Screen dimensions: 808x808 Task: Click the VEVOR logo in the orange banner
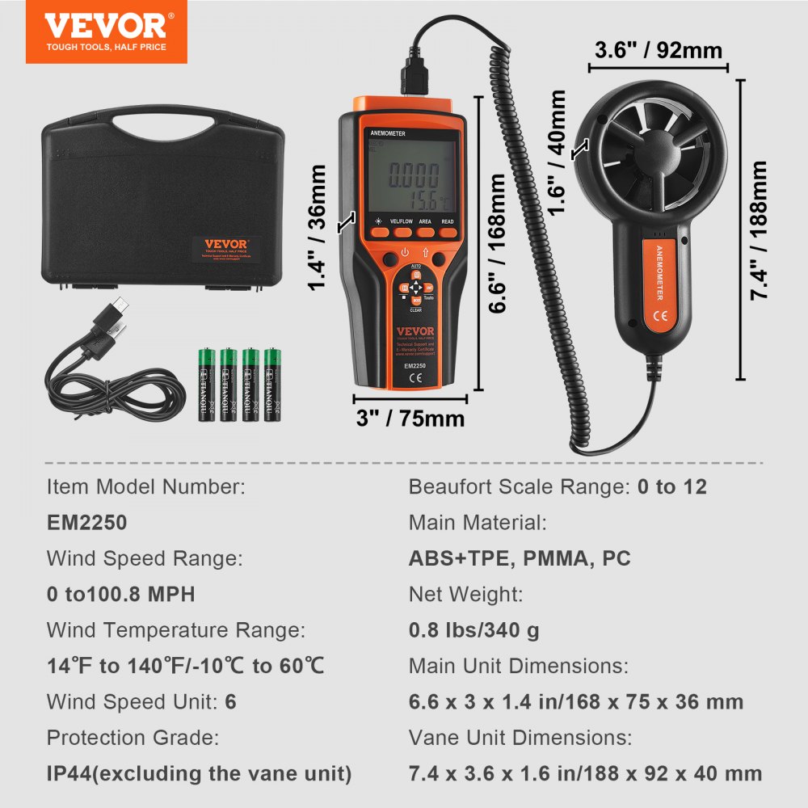click(x=105, y=26)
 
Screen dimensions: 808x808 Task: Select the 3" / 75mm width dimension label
click(x=410, y=419)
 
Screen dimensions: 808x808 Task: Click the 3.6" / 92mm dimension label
click(x=658, y=50)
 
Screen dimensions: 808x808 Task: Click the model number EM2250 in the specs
click(x=87, y=523)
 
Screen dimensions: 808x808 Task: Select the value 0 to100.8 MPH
click(x=121, y=595)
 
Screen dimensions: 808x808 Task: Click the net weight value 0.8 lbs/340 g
click(x=474, y=630)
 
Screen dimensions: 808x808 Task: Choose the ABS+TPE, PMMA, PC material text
click(x=520, y=558)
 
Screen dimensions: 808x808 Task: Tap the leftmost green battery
click(x=206, y=384)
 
